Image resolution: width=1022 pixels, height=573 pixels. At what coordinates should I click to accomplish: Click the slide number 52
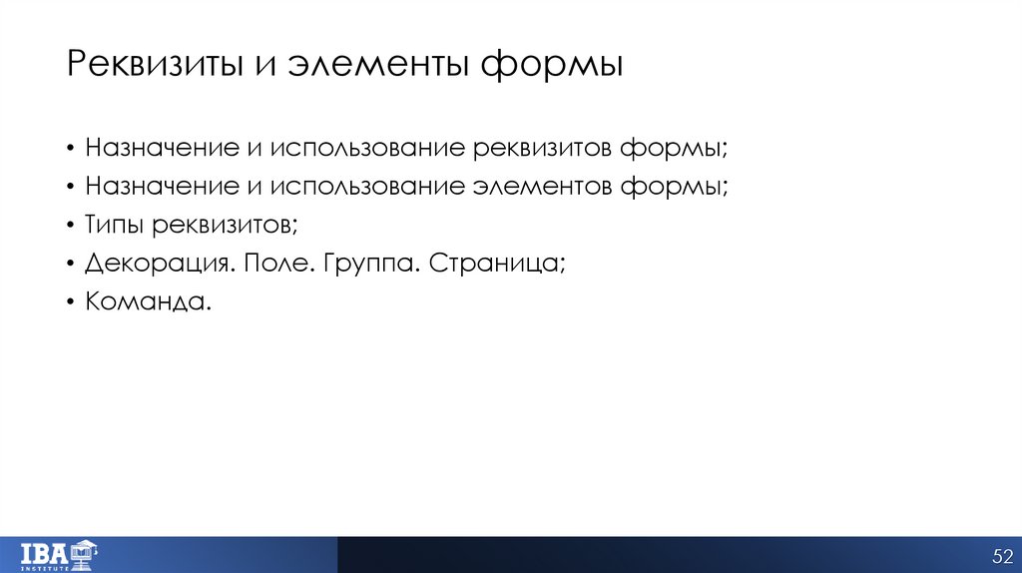tap(1002, 555)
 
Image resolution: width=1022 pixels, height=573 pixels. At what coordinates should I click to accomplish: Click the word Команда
tap(149, 301)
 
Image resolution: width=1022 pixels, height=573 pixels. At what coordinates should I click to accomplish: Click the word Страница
tap(492, 264)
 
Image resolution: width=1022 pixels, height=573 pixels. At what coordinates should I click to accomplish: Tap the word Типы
tap(115, 226)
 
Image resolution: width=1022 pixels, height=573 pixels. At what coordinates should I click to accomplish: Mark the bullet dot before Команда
tap(72, 302)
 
